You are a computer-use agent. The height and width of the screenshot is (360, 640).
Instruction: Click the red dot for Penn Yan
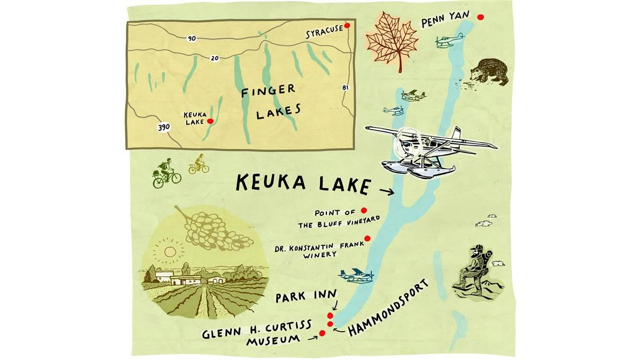480,17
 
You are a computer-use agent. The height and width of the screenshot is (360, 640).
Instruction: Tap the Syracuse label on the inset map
324,34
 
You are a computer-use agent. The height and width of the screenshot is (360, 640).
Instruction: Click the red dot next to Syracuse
347,25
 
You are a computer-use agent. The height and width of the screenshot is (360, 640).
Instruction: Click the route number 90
191,38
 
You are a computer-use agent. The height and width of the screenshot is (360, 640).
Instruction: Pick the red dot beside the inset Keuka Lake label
210,121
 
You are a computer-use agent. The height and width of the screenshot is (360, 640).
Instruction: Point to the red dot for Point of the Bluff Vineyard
364,210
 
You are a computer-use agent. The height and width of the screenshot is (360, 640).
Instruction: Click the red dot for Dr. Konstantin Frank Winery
367,238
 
